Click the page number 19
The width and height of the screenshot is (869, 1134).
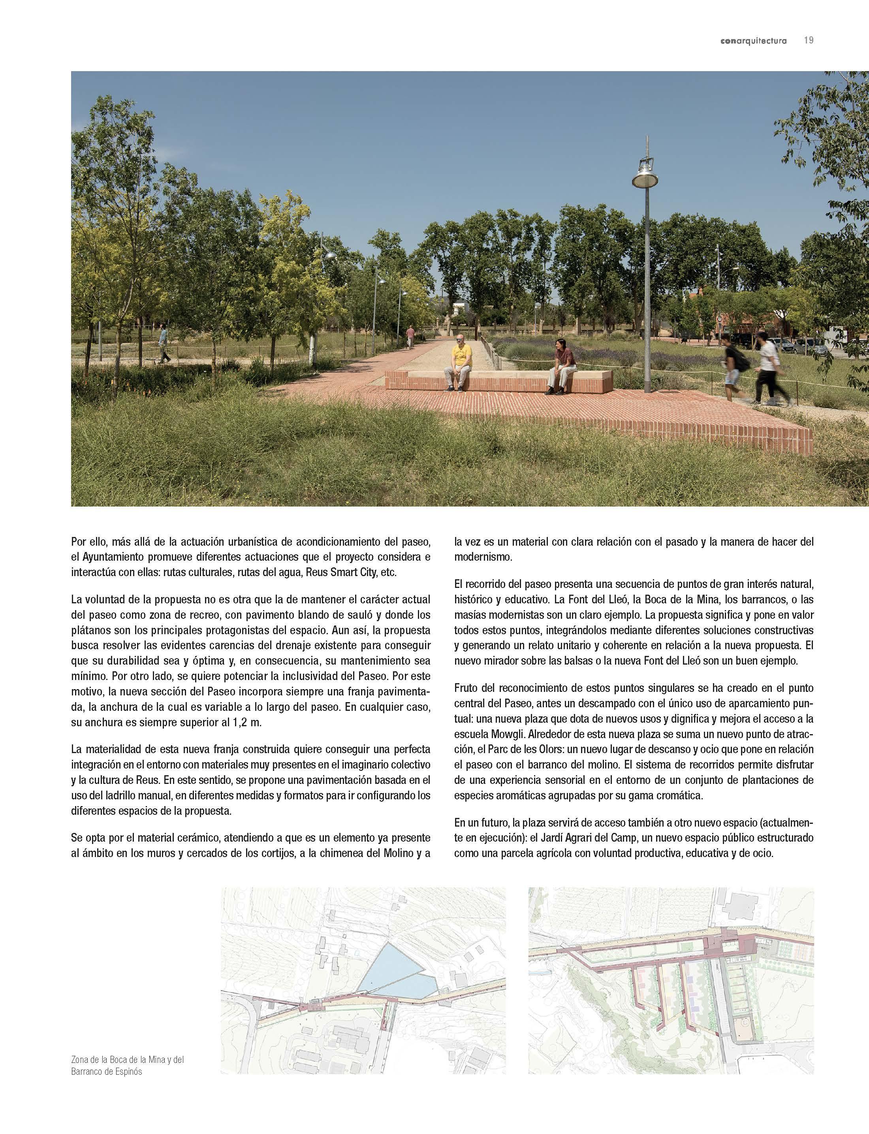pos(809,40)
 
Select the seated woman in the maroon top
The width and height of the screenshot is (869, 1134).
pos(560,365)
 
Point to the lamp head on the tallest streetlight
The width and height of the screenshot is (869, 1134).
pos(645,176)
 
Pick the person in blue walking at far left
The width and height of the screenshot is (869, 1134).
pos(164,343)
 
